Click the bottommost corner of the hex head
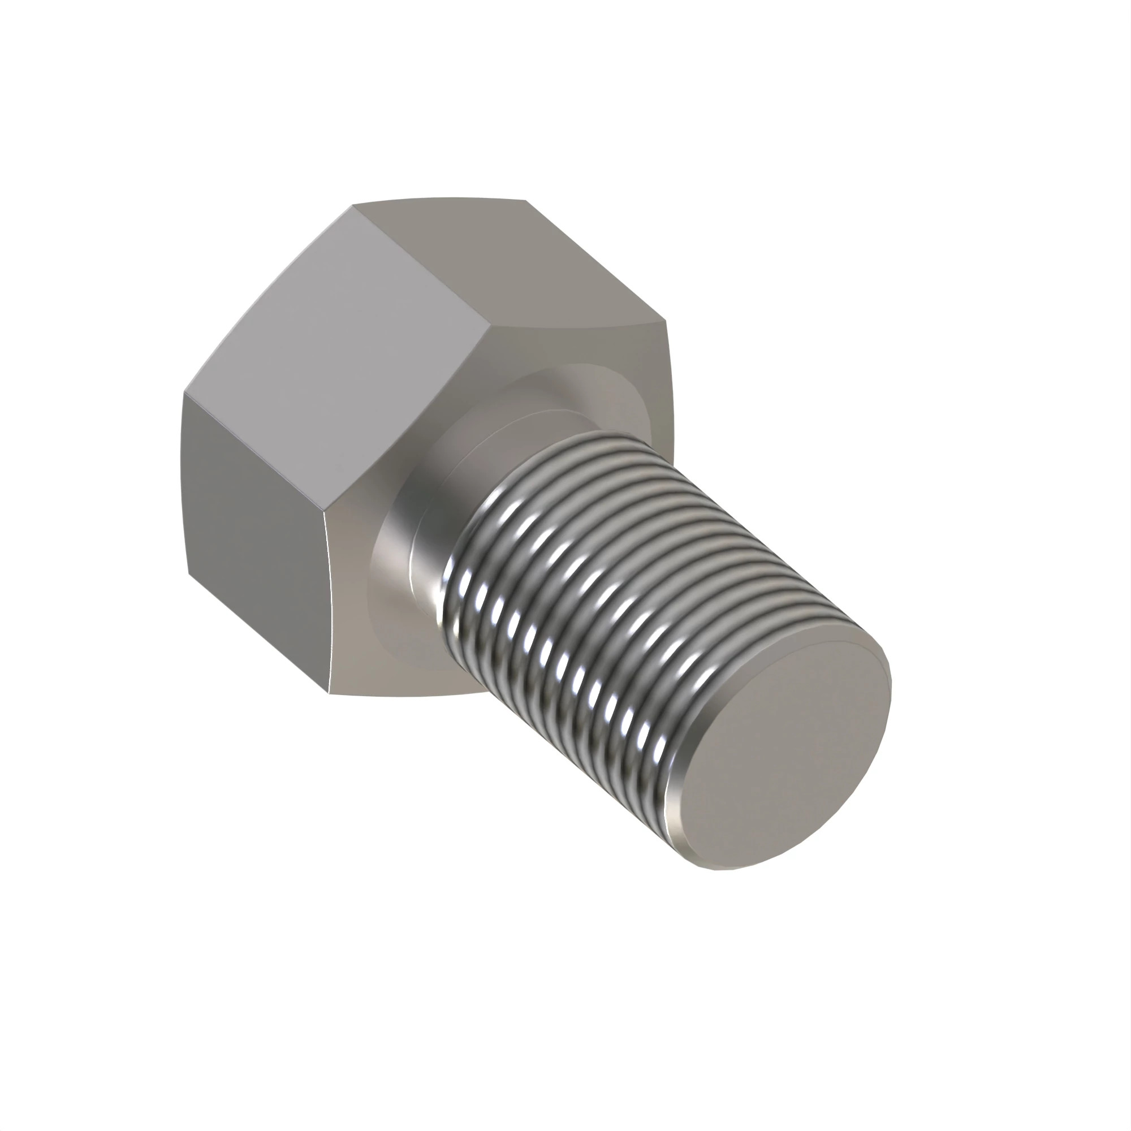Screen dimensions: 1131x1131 coord(329,695)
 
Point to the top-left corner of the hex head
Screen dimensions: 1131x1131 coord(353,205)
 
